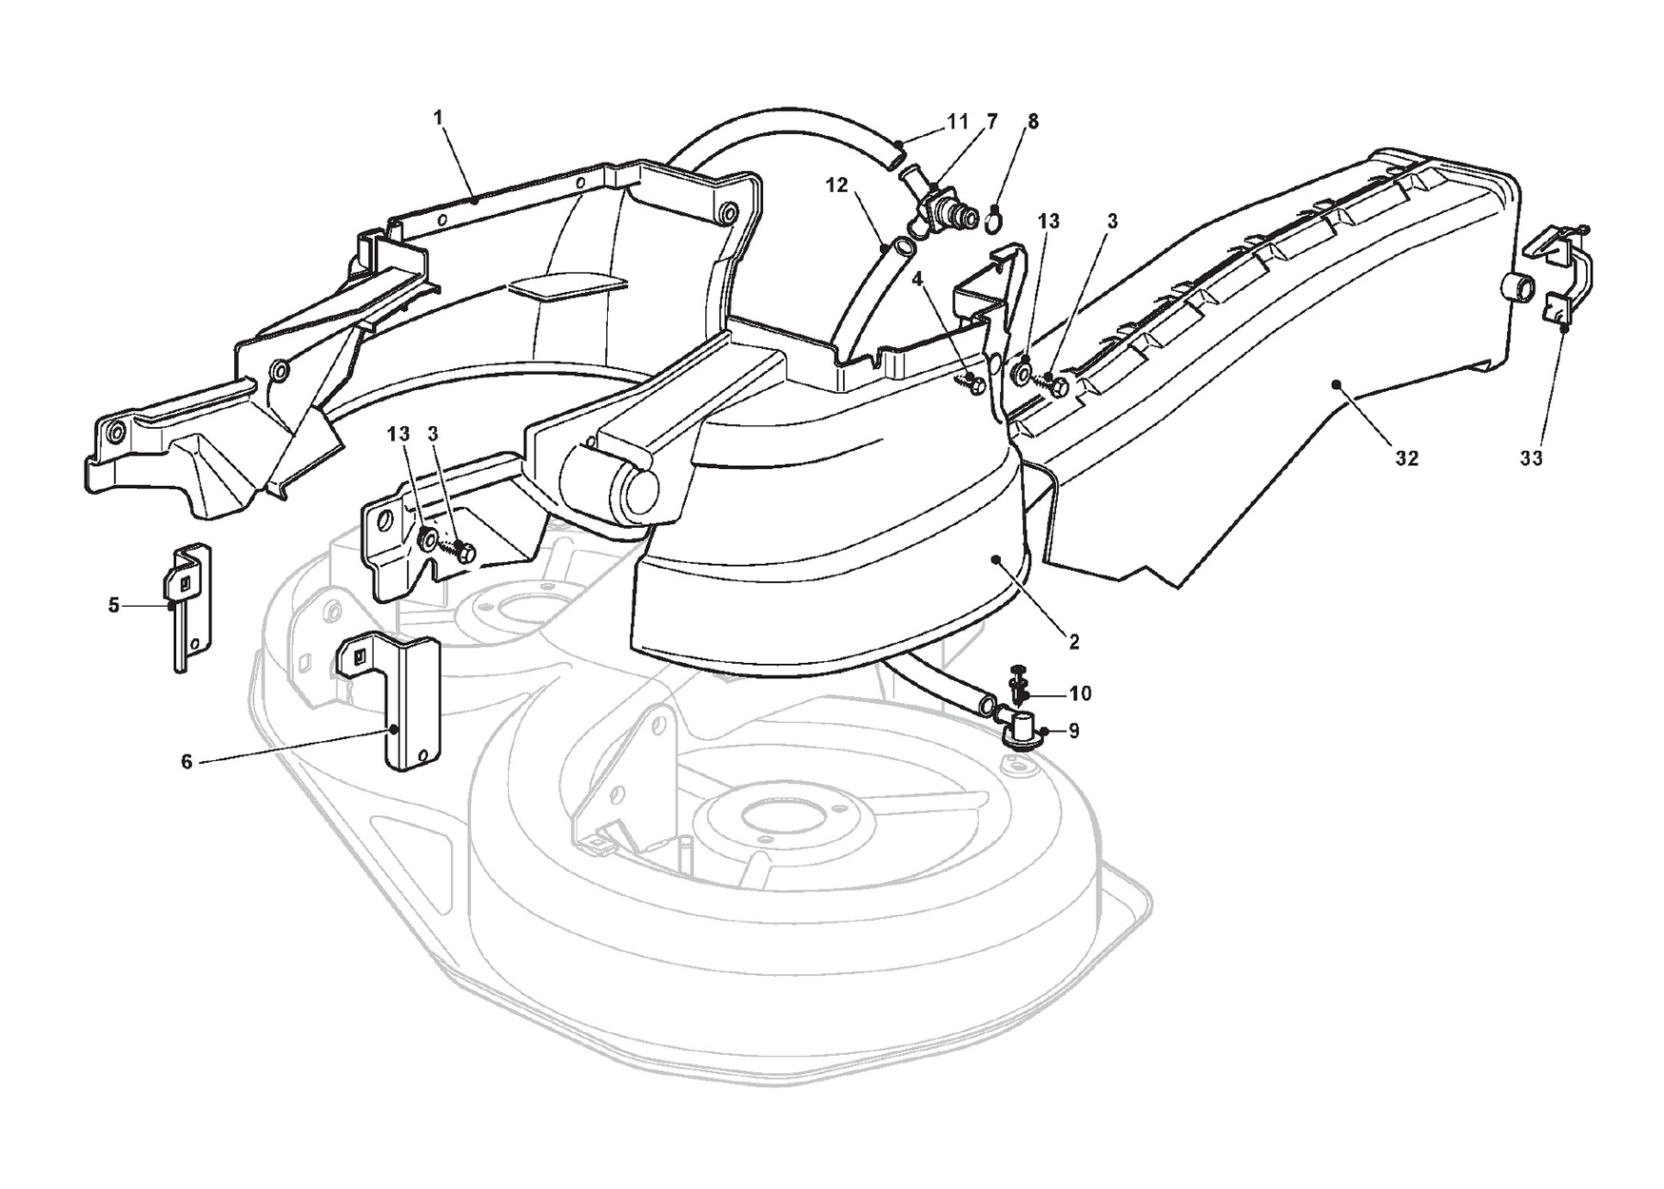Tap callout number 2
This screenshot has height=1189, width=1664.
(1074, 643)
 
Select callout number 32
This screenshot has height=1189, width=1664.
(1406, 458)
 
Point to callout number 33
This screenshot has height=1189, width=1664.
(1530, 458)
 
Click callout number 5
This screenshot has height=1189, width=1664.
(114, 605)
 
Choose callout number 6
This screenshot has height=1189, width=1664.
(186, 762)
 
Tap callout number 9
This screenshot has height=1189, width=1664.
(1074, 731)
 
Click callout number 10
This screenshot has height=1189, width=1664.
(1080, 693)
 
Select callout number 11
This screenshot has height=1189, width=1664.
(957, 122)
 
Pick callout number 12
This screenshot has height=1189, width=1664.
(836, 185)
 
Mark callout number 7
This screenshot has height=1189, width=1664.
(992, 122)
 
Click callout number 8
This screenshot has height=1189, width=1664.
(1033, 122)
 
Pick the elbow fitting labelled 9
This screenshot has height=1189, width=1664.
(1020, 732)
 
